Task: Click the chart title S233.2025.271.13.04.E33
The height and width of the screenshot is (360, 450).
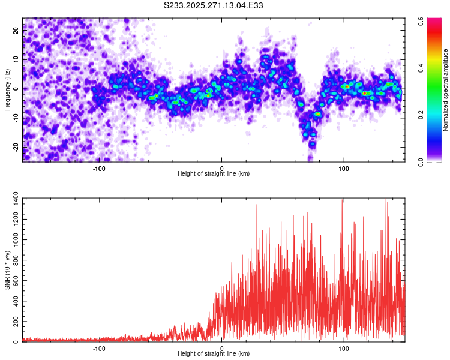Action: point(214,5)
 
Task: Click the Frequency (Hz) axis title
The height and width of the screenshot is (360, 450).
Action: point(7,89)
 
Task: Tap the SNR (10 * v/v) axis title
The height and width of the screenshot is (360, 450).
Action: point(7,270)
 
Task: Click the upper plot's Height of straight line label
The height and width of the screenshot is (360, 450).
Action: point(214,173)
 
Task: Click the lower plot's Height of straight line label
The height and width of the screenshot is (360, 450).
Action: point(214,353)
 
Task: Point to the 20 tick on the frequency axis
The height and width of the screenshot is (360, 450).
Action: point(16,31)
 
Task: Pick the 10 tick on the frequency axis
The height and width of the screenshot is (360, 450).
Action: point(16,60)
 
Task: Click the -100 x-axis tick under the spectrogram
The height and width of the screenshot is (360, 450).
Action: point(99,168)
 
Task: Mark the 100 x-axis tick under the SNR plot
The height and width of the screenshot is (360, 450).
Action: point(344,348)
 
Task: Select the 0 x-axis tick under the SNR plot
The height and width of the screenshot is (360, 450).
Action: point(221,348)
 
